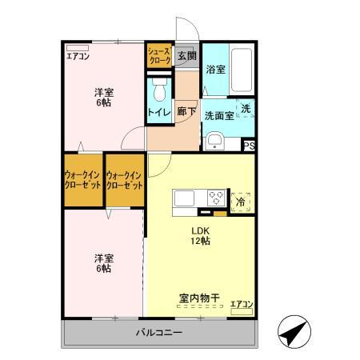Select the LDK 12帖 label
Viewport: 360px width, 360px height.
click(199, 237)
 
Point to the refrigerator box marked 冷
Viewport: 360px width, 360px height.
click(240, 202)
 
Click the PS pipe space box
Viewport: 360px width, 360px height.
click(249, 146)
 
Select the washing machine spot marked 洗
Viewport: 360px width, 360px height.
click(246, 108)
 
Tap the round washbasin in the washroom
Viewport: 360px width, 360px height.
click(214, 142)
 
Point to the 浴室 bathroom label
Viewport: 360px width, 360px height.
click(214, 69)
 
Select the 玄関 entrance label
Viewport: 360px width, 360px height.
click(186, 56)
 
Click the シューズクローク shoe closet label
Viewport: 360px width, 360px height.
click(158, 56)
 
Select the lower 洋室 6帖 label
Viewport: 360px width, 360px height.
click(102, 263)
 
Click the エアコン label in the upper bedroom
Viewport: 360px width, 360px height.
click(78, 56)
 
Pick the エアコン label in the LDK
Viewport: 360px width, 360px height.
click(241, 303)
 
